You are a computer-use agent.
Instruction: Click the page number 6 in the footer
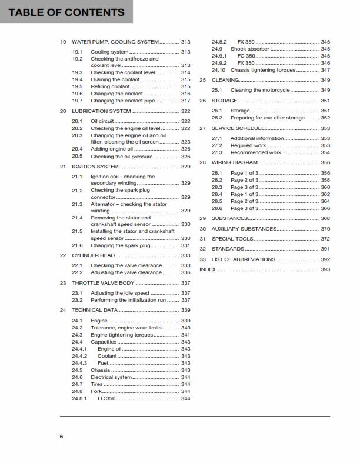tap(61, 436)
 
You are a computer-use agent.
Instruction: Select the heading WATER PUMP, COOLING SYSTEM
tap(115, 42)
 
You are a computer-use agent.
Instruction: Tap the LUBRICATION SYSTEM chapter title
tap(101, 111)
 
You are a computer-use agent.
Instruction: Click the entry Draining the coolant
tap(116, 79)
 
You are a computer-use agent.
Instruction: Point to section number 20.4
tap(78, 149)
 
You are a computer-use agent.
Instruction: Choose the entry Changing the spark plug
tap(118, 245)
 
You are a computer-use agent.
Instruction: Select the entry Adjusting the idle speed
tap(120, 293)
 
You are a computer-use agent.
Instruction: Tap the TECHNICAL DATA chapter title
tap(95, 310)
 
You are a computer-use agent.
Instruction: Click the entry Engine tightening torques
tap(122, 335)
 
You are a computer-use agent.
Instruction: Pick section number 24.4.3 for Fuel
tap(79, 363)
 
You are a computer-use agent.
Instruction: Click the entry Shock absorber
tap(250, 49)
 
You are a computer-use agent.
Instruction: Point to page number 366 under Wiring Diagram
tap(325, 208)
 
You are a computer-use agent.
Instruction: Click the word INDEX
tap(208, 269)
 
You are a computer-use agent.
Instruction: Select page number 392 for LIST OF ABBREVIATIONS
tap(325, 259)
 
